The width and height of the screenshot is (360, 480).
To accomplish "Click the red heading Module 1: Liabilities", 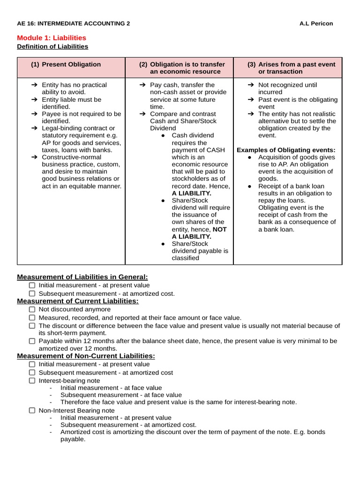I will coord(52,37).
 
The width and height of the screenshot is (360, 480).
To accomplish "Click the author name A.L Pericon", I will coord(316,23).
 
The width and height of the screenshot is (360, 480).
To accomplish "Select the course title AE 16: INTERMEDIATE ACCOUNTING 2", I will coord(74,23).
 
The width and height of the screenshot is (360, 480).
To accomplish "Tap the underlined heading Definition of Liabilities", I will coord(52,46).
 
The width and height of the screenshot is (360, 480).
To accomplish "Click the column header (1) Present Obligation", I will coord(66,64).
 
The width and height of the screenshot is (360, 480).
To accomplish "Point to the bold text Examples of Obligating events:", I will coord(286,150).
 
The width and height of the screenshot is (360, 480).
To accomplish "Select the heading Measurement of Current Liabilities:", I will coord(78,301).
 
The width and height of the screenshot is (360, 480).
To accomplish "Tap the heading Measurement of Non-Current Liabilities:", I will coord(86,356).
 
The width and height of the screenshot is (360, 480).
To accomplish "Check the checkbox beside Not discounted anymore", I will coord(32,309).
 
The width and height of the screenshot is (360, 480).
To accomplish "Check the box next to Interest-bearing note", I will coord(32,381).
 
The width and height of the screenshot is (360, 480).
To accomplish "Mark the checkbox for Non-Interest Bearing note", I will coord(32,410).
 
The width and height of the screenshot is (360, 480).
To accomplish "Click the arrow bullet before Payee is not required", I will coord(35,114).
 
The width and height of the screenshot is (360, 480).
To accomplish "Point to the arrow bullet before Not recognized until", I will coord(251,85).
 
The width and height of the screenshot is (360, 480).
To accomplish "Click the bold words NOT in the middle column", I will coord(220,229).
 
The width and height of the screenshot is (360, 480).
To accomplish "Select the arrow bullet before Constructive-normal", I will coord(35,157).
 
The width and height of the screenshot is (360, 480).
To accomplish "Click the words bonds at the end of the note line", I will coord(316,432).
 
